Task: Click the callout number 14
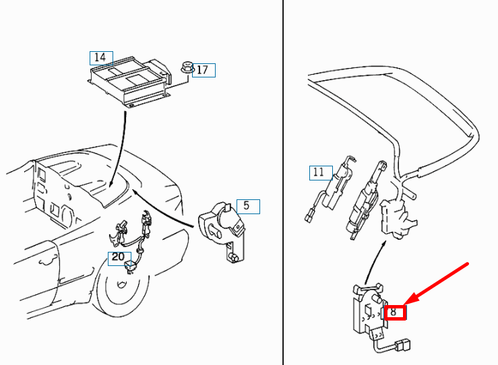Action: pos(100,57)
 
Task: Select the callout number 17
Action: pos(202,70)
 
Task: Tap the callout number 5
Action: pos(247,205)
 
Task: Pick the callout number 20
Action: pos(118,257)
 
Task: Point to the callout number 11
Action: pos(319,172)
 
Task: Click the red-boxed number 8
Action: pos(394,312)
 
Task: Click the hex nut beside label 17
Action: pos(187,67)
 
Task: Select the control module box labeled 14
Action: pos(129,83)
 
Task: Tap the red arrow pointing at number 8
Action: pos(436,284)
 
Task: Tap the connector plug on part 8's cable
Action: pos(403,345)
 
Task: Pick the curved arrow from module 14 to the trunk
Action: pos(121,150)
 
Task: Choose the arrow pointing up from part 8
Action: pos(375,262)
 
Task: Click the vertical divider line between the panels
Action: pos(282,182)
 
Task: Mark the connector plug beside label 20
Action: pos(129,267)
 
